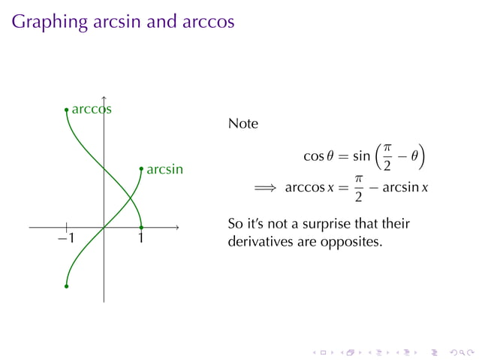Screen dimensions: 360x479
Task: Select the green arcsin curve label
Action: (x=164, y=169)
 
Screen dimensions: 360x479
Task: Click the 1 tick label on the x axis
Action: (x=141, y=238)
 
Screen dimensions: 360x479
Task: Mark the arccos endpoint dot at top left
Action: (x=66, y=110)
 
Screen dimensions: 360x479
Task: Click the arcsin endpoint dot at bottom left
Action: (x=66, y=286)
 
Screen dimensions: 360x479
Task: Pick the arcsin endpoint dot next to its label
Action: (x=141, y=169)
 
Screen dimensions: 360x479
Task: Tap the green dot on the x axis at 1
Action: (x=141, y=226)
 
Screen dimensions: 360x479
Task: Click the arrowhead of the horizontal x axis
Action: (x=177, y=226)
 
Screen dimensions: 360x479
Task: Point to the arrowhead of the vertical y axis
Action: (x=104, y=98)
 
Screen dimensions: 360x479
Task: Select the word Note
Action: (x=243, y=123)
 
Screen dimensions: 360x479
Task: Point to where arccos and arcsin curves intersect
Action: (x=131, y=198)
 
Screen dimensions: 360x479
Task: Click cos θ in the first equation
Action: (x=318, y=157)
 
